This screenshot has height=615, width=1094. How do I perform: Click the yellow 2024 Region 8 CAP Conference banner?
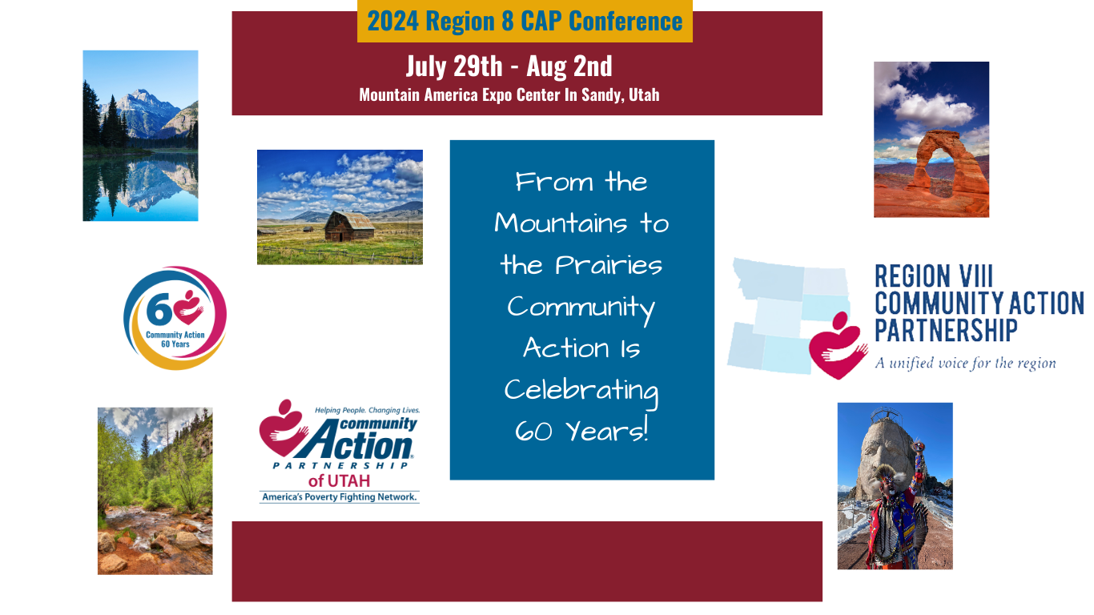pos(525,22)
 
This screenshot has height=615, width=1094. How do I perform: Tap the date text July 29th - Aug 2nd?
pos(509,66)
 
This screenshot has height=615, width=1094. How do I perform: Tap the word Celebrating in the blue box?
pos(581,390)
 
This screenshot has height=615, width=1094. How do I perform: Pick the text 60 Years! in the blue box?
pos(581,432)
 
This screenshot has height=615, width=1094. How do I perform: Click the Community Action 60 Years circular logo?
pos(175,318)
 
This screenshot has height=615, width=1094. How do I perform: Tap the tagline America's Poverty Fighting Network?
pos(339,497)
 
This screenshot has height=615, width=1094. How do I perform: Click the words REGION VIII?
pos(933,277)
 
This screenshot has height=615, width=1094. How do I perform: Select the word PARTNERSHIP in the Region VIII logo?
pos(946,331)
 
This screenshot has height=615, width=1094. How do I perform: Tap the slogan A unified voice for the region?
pos(965,364)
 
